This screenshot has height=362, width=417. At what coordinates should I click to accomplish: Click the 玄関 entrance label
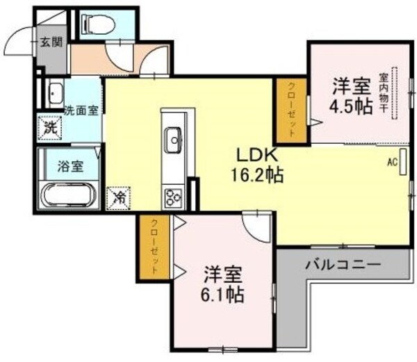click(50, 42)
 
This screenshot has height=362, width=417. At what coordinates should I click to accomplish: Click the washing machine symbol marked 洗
click(50, 126)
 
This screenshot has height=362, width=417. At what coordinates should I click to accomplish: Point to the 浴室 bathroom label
click(70, 166)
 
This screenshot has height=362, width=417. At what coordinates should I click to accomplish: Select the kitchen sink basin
click(173, 142)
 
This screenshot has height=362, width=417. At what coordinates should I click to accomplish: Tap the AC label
click(392, 163)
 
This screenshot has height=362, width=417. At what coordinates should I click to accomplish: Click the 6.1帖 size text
click(223, 295)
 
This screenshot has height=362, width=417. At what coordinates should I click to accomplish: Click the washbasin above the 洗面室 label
click(55, 92)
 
